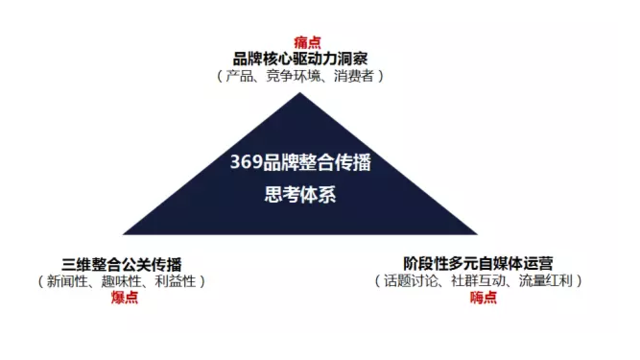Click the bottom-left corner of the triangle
123,233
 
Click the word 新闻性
67,281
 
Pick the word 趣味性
121,281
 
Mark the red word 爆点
124,298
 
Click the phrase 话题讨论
412,281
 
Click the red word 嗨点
483,298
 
